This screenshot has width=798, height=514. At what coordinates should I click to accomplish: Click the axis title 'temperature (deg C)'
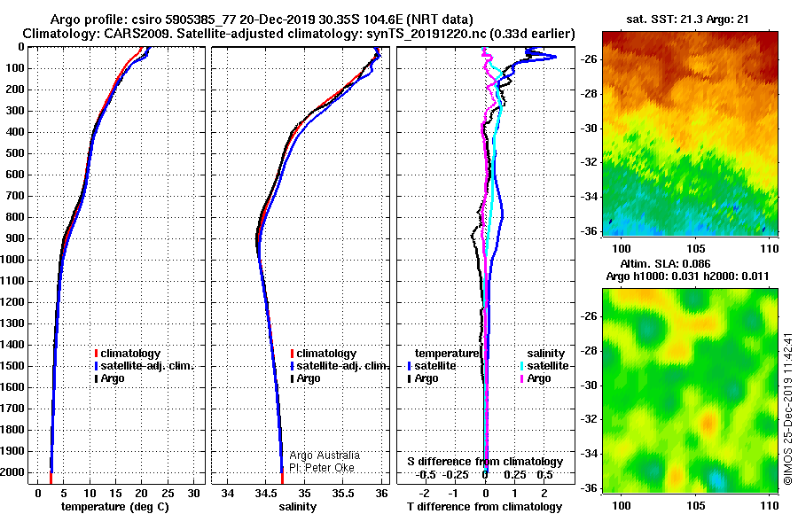(115, 507)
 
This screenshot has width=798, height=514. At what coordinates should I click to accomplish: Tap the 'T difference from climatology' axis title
(484, 507)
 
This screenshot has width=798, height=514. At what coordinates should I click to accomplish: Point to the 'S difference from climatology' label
(485, 462)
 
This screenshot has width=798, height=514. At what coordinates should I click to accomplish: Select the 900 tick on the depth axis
(12, 238)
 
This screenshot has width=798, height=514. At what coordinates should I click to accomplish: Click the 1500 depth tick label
(12, 366)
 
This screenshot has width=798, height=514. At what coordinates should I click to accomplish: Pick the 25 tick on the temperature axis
(168, 494)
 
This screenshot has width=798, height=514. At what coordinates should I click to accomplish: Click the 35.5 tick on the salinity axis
(343, 494)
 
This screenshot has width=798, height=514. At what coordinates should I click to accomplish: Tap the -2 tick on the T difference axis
(424, 494)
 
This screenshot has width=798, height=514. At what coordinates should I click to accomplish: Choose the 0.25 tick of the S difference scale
(514, 475)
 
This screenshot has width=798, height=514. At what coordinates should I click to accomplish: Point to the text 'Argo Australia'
(325, 456)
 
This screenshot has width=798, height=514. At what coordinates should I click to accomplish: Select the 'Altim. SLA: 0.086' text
(665, 263)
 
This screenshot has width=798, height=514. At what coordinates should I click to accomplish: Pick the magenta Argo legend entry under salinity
(536, 378)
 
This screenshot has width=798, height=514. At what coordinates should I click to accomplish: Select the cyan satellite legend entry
(544, 366)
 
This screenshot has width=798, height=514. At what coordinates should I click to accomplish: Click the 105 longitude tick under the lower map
(696, 505)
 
